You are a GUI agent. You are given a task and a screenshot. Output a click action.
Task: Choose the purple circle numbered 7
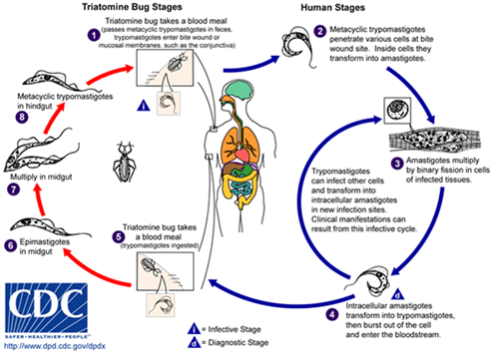coord(13,186)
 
